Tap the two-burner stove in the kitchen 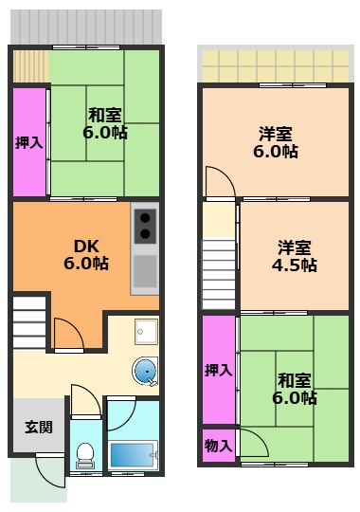145,225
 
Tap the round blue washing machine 145,373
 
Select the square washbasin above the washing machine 145,332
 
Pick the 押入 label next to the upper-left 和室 28,142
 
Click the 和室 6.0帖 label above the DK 102,124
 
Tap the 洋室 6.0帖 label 276,142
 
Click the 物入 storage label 217,445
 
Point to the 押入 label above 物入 217,371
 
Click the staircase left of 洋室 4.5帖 218,271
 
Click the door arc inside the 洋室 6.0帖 218,180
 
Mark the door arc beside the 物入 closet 252,443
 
